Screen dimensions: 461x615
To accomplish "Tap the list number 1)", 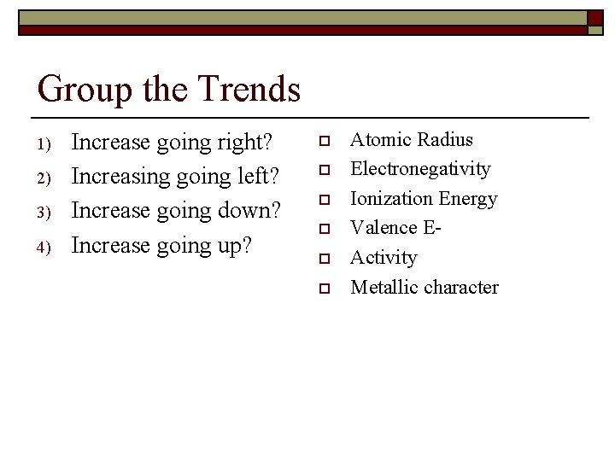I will (47, 143).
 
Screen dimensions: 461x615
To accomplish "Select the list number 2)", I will (47, 178).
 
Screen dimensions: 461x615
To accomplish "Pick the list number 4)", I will (47, 248).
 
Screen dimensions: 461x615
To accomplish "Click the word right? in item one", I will (251, 143).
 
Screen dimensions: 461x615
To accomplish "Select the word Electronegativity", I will (420, 169).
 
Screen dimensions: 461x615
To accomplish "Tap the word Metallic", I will (384, 287).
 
